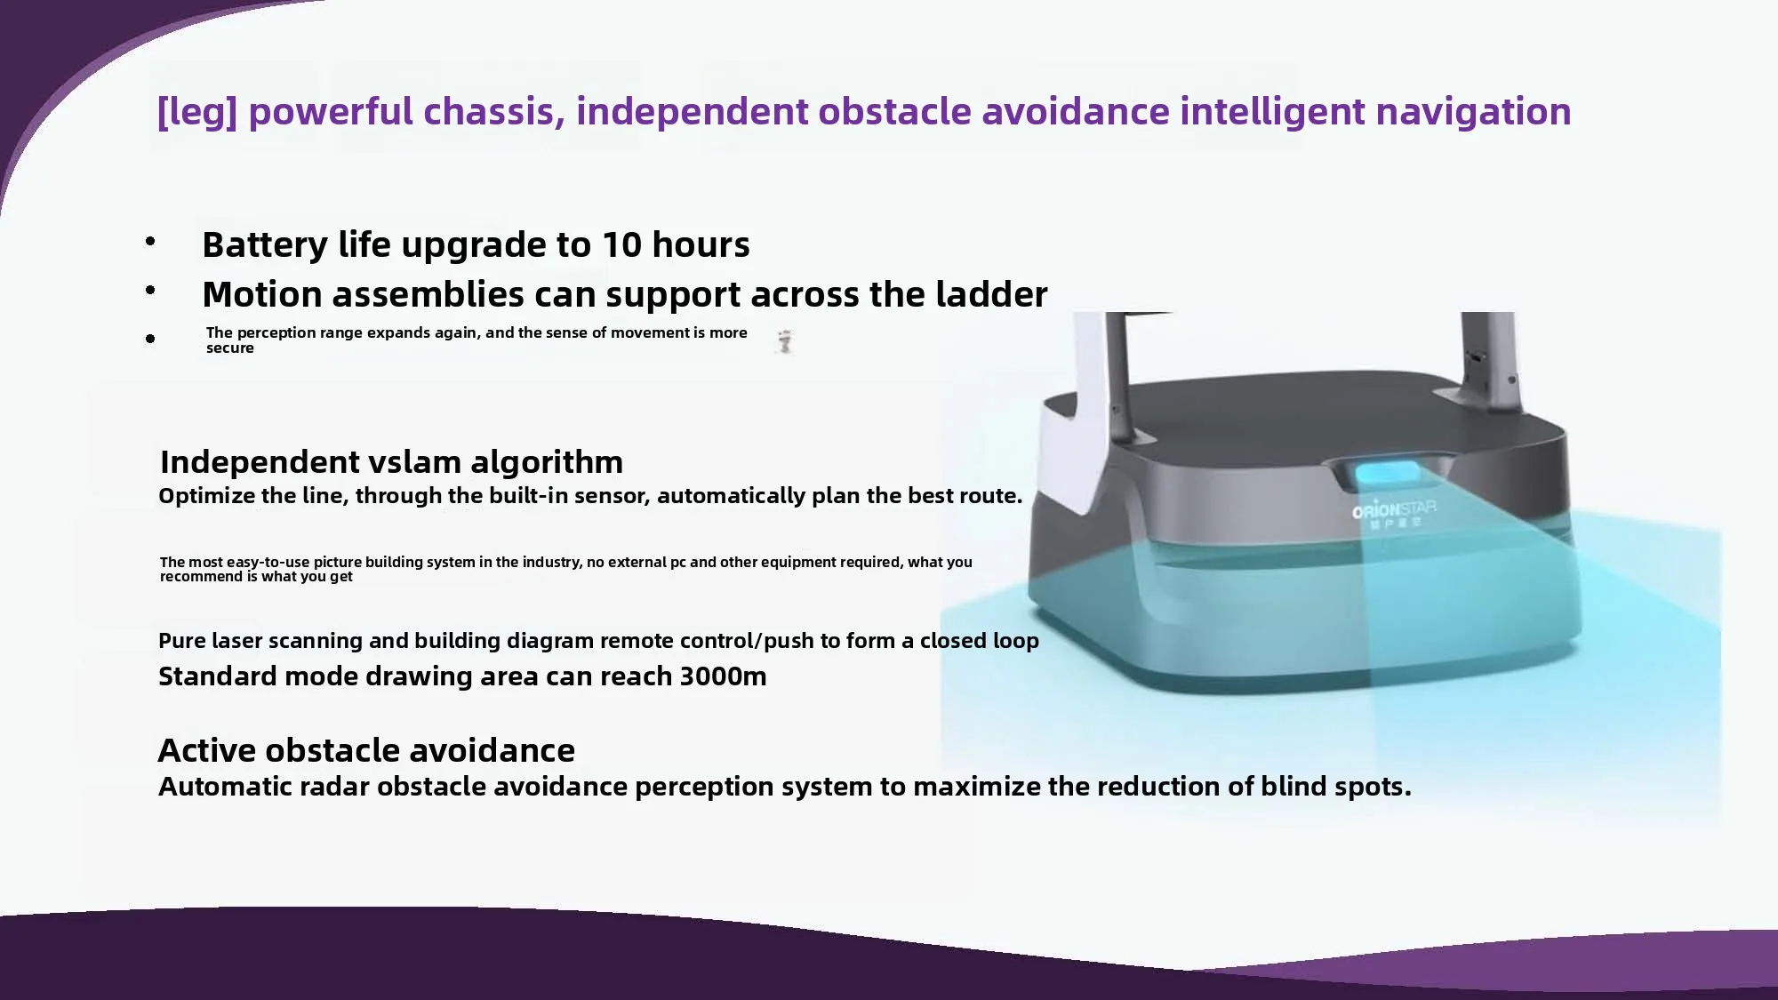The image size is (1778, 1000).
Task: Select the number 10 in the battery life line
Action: (622, 245)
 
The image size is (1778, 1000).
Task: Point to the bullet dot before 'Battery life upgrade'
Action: (150, 241)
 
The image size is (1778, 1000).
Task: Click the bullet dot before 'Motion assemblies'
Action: (150, 290)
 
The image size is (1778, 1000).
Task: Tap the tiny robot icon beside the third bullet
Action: (784, 341)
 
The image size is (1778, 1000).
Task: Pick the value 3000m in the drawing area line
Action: (723, 676)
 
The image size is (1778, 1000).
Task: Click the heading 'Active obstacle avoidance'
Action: (366, 751)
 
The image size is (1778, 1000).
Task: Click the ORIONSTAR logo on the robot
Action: (1394, 513)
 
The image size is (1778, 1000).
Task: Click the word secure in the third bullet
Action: (230, 348)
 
